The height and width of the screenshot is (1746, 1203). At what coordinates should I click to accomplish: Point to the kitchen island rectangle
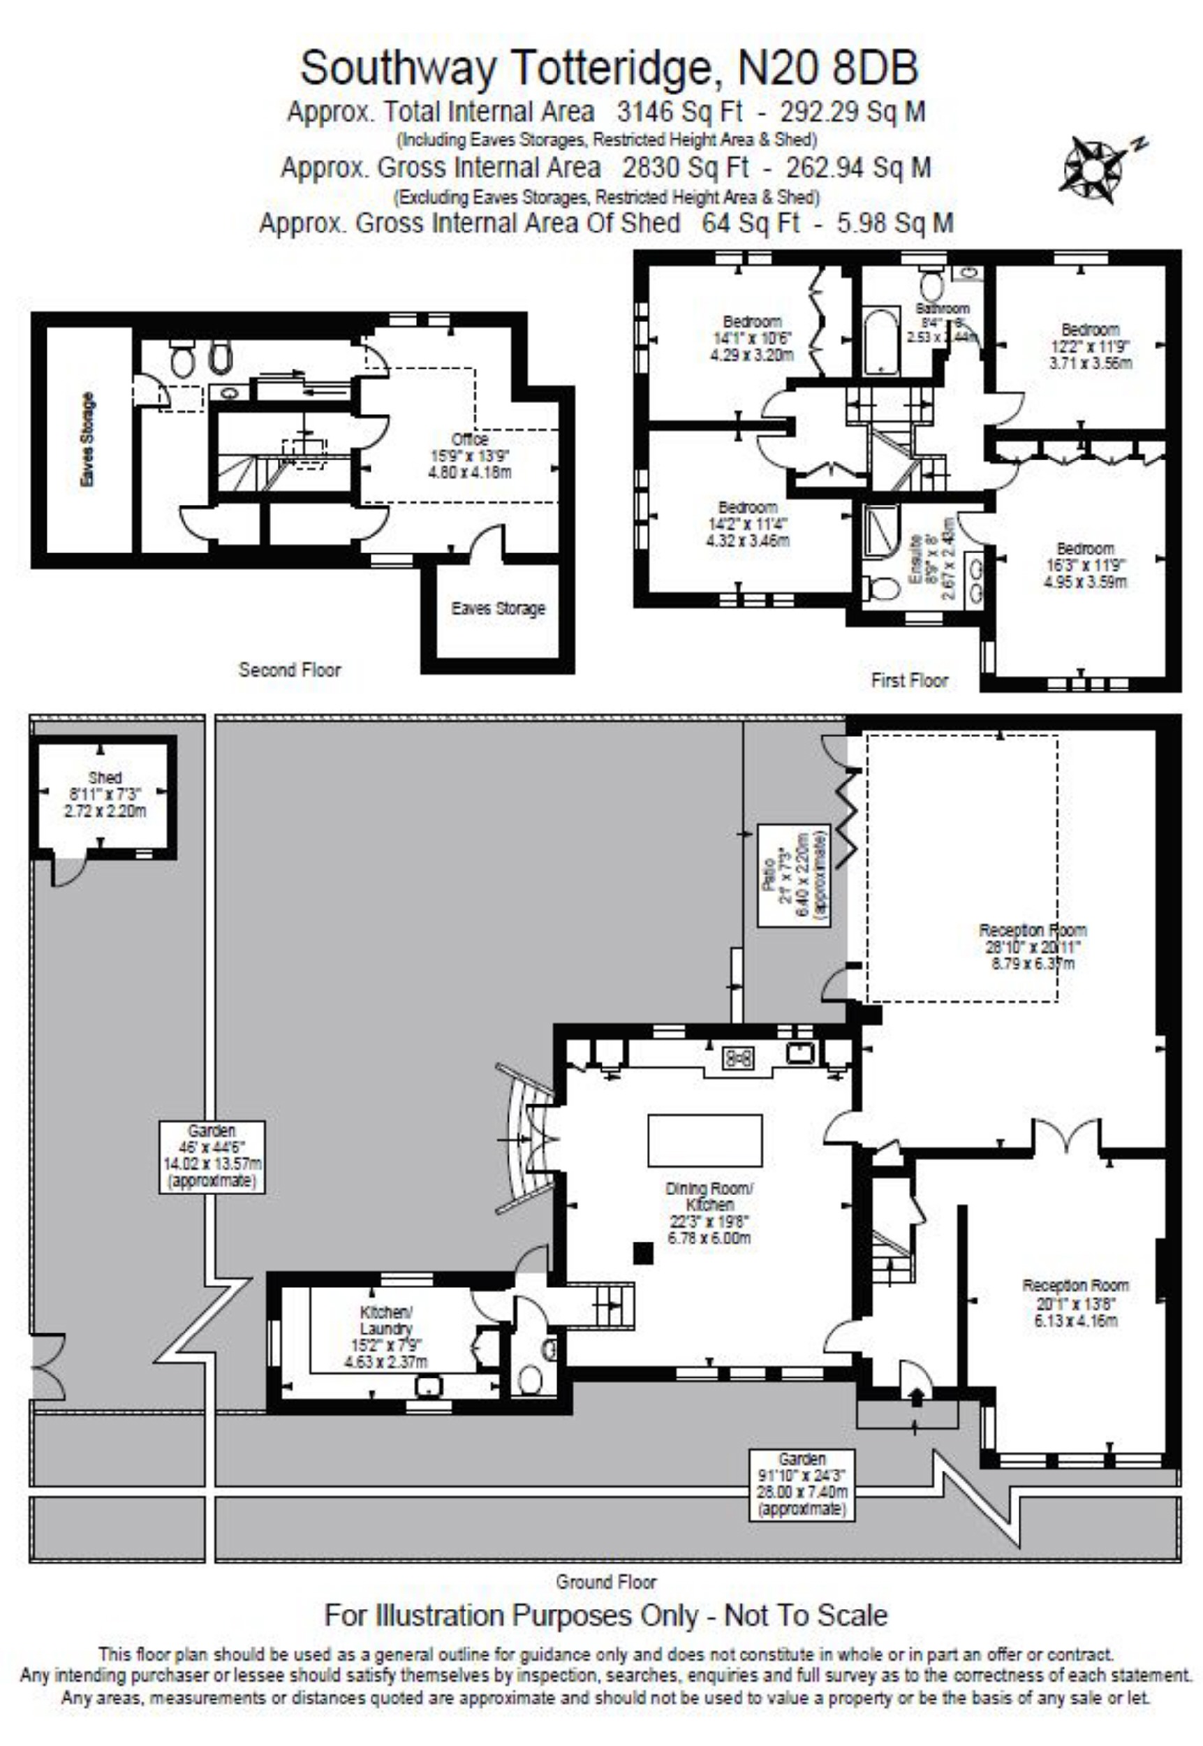click(x=704, y=1140)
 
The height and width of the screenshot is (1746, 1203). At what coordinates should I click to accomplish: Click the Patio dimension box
click(x=793, y=875)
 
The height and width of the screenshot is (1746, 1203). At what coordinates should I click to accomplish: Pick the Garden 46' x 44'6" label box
click(x=212, y=1157)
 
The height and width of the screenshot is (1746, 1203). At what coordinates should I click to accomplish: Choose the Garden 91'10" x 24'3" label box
click(x=802, y=1483)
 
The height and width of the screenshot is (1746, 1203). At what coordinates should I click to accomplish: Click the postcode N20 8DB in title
click(x=827, y=68)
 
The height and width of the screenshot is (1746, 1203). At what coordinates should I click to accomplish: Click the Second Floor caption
click(x=290, y=670)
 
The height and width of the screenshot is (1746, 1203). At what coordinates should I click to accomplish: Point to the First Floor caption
click(x=909, y=680)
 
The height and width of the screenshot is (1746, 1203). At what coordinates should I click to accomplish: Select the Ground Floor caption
click(x=605, y=1582)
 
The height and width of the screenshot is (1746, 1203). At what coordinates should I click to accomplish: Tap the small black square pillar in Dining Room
click(x=643, y=1252)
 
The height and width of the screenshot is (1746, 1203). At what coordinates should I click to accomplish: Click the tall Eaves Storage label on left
click(x=87, y=439)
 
